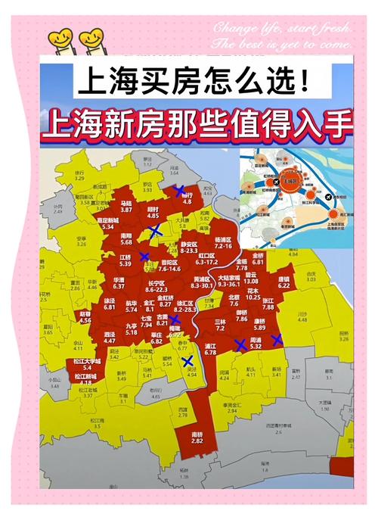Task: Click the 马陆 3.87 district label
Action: pos(126,207)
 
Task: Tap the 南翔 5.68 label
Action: pos(125,239)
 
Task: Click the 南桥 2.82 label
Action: pos(197,437)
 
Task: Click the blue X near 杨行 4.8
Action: pos(179,192)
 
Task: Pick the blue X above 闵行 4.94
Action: pos(187,362)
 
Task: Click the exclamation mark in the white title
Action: pos(303,79)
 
